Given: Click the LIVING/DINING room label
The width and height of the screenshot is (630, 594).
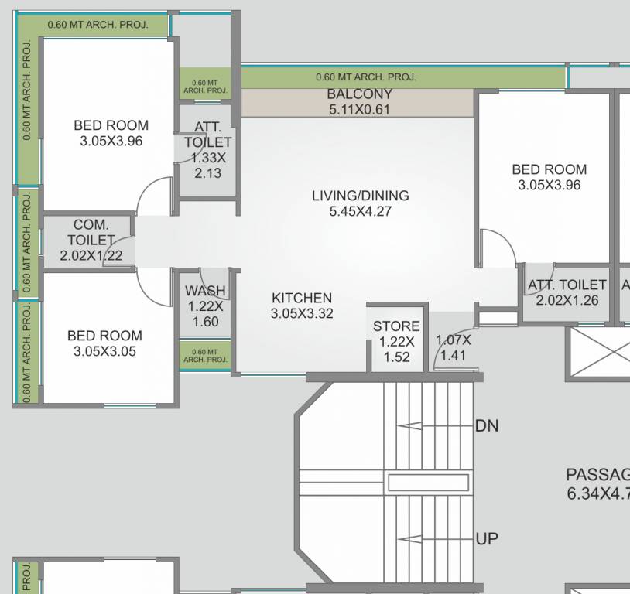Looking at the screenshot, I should [x=360, y=196].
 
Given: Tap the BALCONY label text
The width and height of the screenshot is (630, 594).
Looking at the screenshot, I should [x=359, y=94].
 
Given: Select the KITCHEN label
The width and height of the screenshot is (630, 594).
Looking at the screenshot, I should [x=302, y=298].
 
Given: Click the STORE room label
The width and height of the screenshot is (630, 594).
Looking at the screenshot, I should [x=396, y=326].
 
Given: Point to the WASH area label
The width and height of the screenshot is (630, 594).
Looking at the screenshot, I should [x=205, y=291].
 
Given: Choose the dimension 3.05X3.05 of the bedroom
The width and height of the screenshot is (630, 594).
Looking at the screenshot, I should [x=104, y=351].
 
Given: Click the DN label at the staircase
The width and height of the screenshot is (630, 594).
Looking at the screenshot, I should [x=487, y=426].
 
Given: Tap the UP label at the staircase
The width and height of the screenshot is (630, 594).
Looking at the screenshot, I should [x=487, y=539].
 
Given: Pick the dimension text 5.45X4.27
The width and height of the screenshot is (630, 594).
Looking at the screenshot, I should [x=360, y=211].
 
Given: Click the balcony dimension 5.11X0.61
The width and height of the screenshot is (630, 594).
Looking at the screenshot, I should [x=359, y=110].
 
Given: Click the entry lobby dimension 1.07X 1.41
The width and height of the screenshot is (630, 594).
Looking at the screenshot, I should [x=453, y=348].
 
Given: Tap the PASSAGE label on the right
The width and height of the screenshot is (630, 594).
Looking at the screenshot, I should [x=597, y=475].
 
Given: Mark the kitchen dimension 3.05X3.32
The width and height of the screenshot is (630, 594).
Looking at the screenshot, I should [x=302, y=313].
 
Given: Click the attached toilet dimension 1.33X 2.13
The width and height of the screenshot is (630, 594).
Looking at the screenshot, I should [x=207, y=166].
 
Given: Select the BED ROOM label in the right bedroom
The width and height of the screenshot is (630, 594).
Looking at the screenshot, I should [x=549, y=169].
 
